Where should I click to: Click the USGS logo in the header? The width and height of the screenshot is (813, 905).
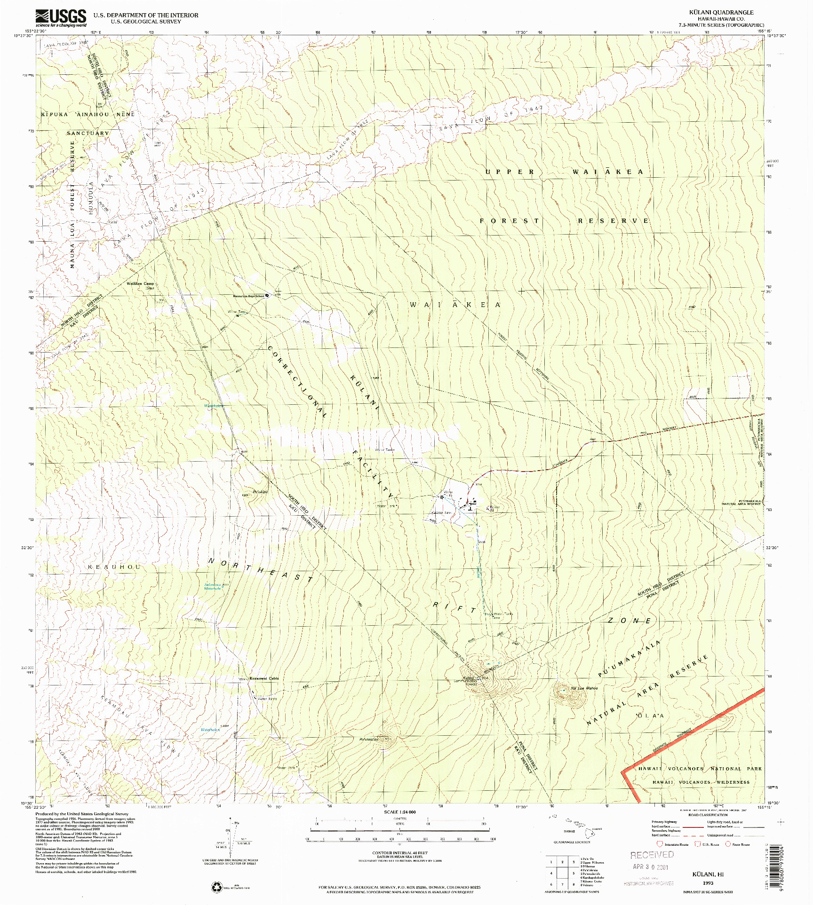tap(61, 18)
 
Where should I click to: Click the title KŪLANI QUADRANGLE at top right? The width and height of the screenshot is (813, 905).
tap(727, 13)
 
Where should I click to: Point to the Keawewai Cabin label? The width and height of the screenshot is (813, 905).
tap(264, 678)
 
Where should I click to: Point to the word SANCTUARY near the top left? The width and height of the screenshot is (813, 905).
tap(88, 133)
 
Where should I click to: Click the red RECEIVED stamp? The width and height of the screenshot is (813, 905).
tap(652, 854)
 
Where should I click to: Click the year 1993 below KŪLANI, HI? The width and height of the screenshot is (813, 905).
tap(708, 883)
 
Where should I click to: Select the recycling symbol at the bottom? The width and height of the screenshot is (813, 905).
tap(217, 887)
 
